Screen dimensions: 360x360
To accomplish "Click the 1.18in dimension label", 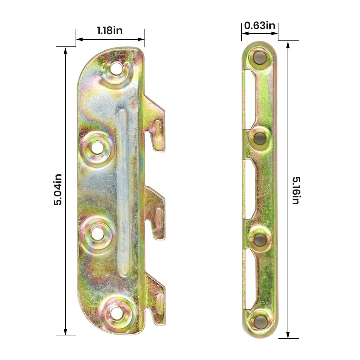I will [x=110, y=31].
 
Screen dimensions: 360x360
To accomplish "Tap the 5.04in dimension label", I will [x=58, y=189].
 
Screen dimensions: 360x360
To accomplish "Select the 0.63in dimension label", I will [x=259, y=26].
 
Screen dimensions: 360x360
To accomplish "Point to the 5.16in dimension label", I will [x=295, y=190].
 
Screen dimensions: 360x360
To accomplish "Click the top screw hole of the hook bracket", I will [x=116, y=69].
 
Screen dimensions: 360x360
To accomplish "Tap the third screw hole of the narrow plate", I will [x=260, y=240].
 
